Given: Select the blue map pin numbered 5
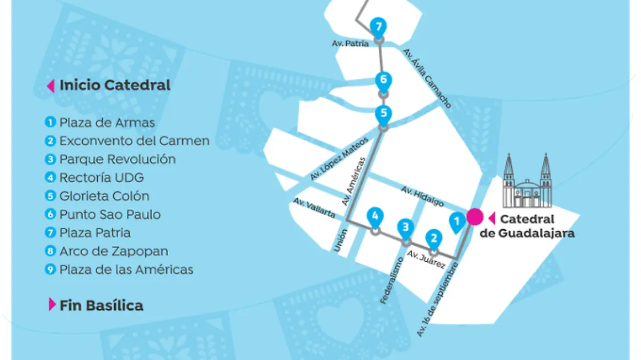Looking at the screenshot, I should click(x=384, y=114).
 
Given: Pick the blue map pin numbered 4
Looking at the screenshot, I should click(x=375, y=217).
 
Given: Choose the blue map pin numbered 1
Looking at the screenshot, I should click(x=456, y=221).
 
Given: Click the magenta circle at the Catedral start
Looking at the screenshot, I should click(x=474, y=217).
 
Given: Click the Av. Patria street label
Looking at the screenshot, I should click(x=349, y=44).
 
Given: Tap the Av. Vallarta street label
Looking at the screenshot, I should click(x=314, y=208).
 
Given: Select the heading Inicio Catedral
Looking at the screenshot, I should click(x=114, y=85).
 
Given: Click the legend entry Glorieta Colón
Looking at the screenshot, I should click(x=104, y=196).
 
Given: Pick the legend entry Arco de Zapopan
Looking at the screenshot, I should click(x=113, y=251).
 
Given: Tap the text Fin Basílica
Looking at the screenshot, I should click(x=101, y=306).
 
